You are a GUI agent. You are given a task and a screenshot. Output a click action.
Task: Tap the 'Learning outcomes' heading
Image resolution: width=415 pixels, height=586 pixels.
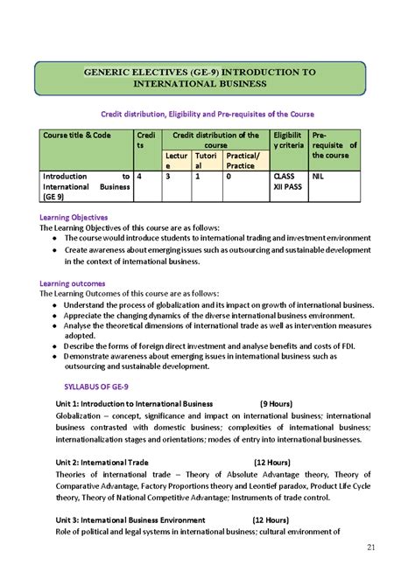(73, 283)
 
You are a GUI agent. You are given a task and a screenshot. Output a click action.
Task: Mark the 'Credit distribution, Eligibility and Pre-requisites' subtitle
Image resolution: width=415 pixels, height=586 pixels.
(207, 115)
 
